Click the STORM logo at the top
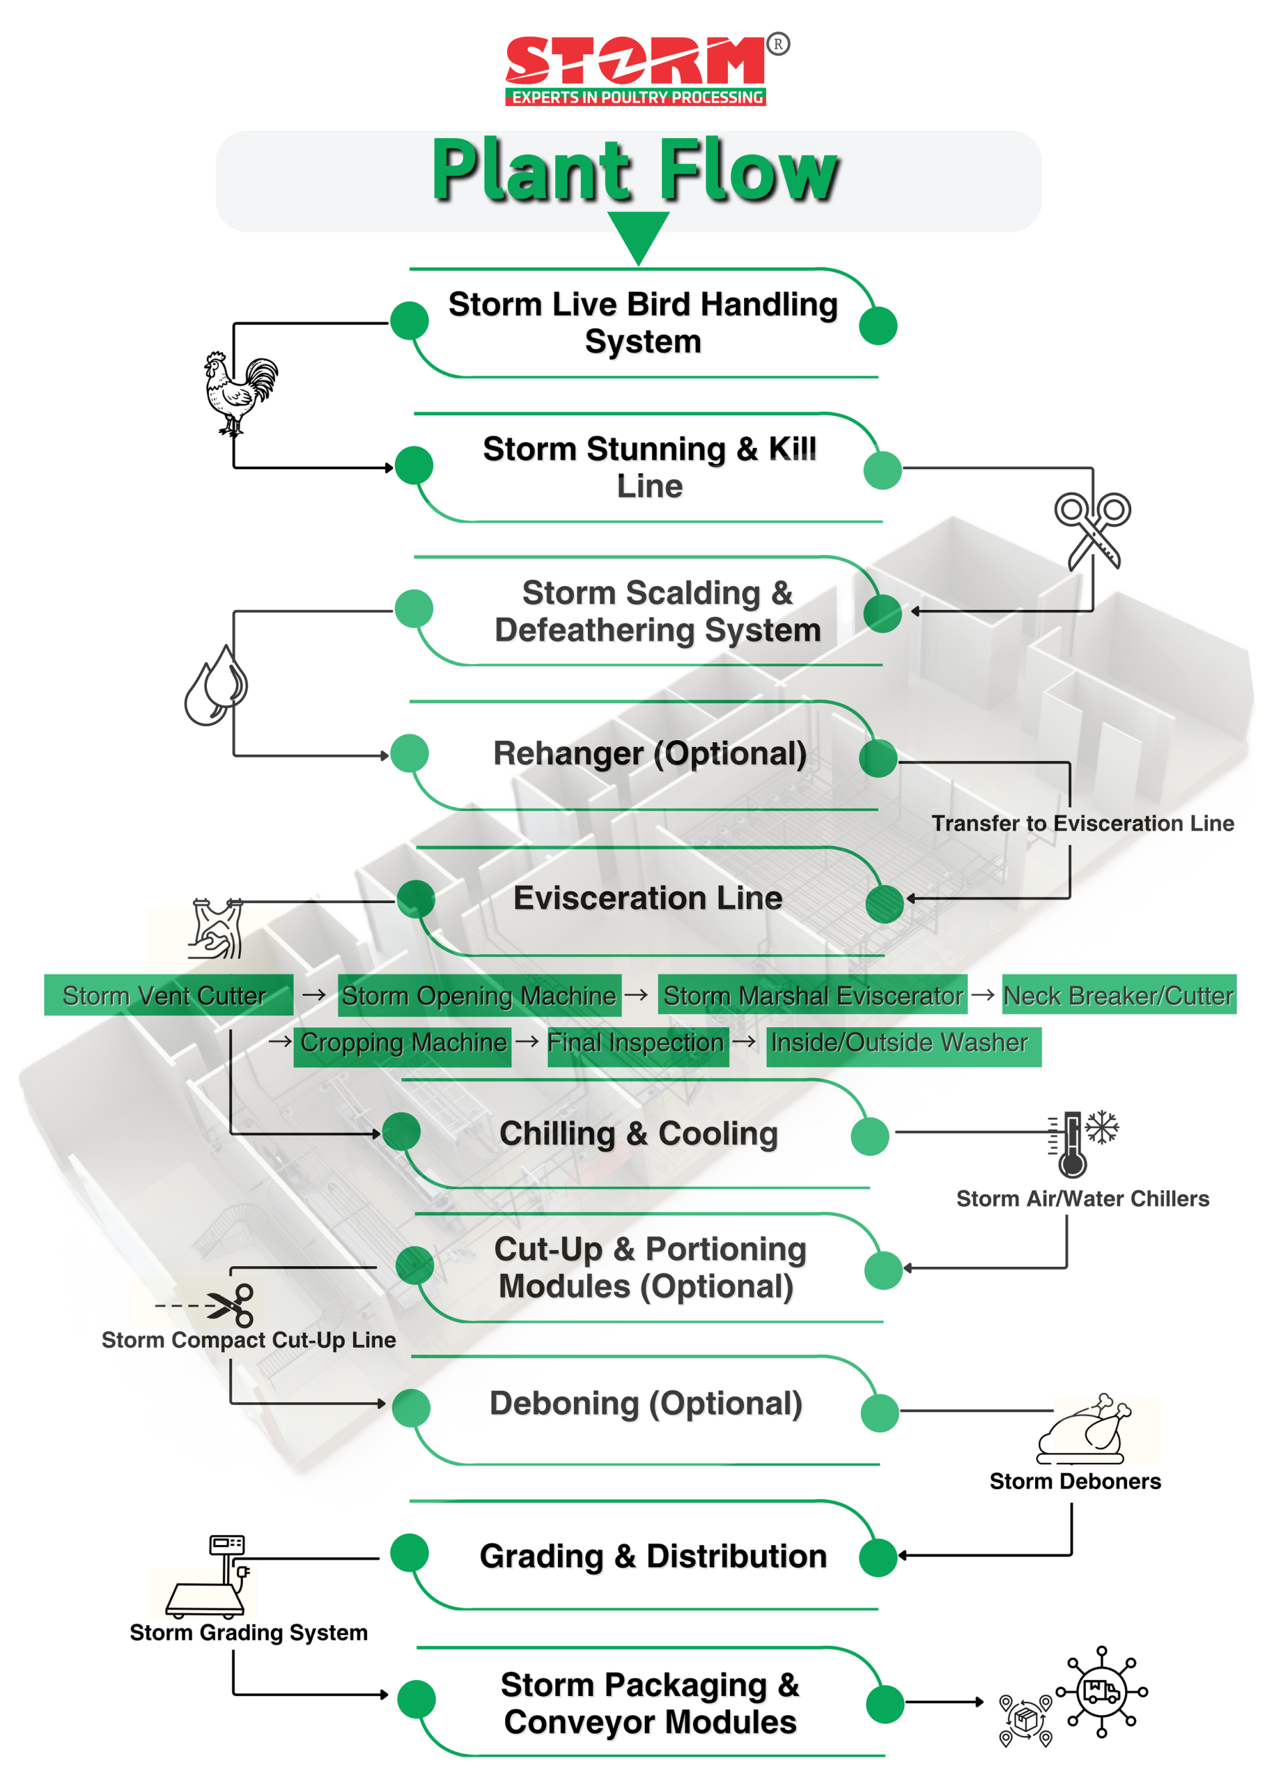(x=636, y=69)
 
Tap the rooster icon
(x=240, y=392)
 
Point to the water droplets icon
(x=216, y=685)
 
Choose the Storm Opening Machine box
(x=479, y=994)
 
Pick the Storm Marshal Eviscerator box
(x=812, y=994)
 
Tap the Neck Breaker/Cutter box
(x=1118, y=994)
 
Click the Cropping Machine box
(x=403, y=1043)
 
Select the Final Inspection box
(x=636, y=1043)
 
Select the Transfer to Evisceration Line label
(x=1082, y=822)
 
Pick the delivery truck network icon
(x=1101, y=1691)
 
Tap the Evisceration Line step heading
(x=647, y=898)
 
